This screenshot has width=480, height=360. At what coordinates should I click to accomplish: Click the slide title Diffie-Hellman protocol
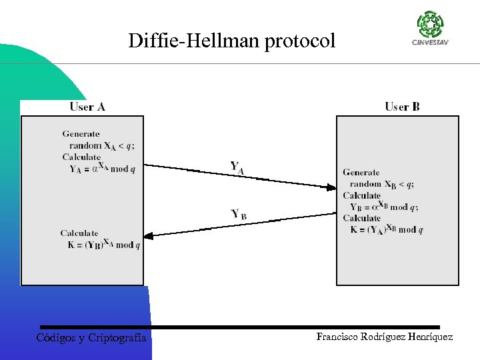tap(232, 41)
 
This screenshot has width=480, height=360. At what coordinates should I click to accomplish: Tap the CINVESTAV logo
tap(429, 29)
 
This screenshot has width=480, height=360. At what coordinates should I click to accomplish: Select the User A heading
tap(87, 107)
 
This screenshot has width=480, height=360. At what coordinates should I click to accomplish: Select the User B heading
tap(402, 107)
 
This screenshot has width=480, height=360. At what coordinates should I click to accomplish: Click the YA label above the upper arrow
tap(237, 168)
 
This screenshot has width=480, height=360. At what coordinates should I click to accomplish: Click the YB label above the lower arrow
tap(238, 215)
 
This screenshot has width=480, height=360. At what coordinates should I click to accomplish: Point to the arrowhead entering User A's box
tap(150, 235)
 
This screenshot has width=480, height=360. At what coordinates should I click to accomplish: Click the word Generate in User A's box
tap(81, 134)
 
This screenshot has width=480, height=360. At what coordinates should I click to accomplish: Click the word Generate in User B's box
tap(361, 173)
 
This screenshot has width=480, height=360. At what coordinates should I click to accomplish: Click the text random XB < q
tap(381, 184)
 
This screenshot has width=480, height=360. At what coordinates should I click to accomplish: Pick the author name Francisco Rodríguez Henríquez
tap(384, 337)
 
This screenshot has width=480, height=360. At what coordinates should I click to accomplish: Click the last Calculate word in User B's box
tap(361, 218)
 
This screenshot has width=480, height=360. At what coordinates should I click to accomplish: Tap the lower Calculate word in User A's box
tap(79, 233)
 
